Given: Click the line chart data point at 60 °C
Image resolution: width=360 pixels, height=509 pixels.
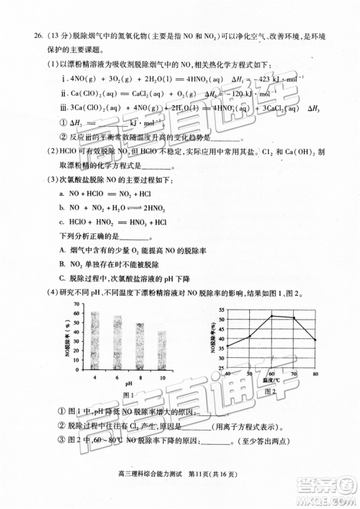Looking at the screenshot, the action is coord(271,315).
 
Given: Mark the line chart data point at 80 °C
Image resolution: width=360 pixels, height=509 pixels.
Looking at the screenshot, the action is coord(315,340).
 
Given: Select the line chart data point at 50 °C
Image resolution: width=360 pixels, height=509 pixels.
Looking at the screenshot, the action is coord(249,336).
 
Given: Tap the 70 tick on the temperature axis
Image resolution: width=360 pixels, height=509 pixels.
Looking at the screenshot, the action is coord(294,374).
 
